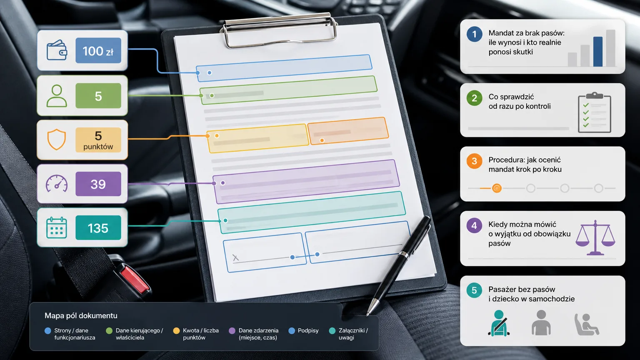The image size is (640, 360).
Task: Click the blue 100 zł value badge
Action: pyautogui.click(x=98, y=50)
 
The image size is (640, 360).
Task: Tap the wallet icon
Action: pyautogui.click(x=57, y=50)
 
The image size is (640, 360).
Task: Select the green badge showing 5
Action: pyautogui.click(x=98, y=96)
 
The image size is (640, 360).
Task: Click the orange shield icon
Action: pyautogui.click(x=57, y=140)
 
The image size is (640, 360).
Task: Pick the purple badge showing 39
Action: pyautogui.click(x=98, y=184)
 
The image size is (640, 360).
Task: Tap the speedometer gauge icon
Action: pyautogui.click(x=57, y=183)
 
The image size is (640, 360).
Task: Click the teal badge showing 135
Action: pyautogui.click(x=98, y=228)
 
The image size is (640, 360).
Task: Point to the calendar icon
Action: pyautogui.click(x=57, y=228)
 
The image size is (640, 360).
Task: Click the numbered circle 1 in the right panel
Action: pyautogui.click(x=474, y=34)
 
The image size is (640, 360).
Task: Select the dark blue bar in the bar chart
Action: pyautogui.click(x=598, y=52)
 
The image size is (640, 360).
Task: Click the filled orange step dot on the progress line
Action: pyautogui.click(x=497, y=188)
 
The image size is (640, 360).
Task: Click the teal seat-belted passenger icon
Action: pyautogui.click(x=499, y=323)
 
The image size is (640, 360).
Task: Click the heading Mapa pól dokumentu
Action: pyautogui.click(x=81, y=316)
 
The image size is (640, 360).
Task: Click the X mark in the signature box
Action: pyautogui.click(x=235, y=258)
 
